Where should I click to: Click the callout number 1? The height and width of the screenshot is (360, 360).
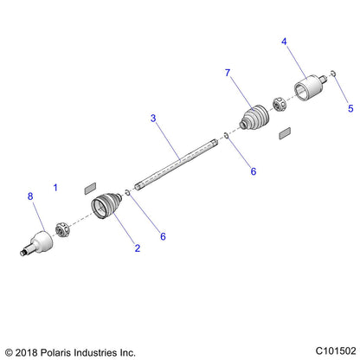(x=55, y=188)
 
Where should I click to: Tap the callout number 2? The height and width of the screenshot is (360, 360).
(x=138, y=248)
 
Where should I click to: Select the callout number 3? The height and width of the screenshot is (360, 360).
(x=153, y=118)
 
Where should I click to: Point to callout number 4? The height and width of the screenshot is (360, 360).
(x=284, y=42)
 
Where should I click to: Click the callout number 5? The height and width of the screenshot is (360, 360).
(x=350, y=108)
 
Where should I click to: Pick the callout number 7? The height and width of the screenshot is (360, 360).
(x=228, y=73)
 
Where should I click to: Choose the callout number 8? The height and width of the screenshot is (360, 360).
(x=30, y=196)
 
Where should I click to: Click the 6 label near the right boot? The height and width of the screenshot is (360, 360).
(x=254, y=171)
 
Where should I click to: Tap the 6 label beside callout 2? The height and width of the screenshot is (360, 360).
(x=163, y=236)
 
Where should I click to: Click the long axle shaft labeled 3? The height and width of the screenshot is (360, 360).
(x=176, y=164)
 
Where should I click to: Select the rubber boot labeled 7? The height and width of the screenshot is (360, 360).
(x=254, y=118)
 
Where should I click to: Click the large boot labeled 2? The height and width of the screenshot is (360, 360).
(x=106, y=205)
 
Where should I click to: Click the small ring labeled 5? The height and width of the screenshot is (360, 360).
(x=333, y=74)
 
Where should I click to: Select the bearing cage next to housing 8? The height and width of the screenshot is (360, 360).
(x=62, y=229)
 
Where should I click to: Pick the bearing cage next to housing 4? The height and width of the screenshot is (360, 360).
(x=280, y=105)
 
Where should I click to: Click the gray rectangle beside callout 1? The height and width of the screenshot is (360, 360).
(x=90, y=189)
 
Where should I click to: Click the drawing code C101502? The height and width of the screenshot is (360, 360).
(x=336, y=351)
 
